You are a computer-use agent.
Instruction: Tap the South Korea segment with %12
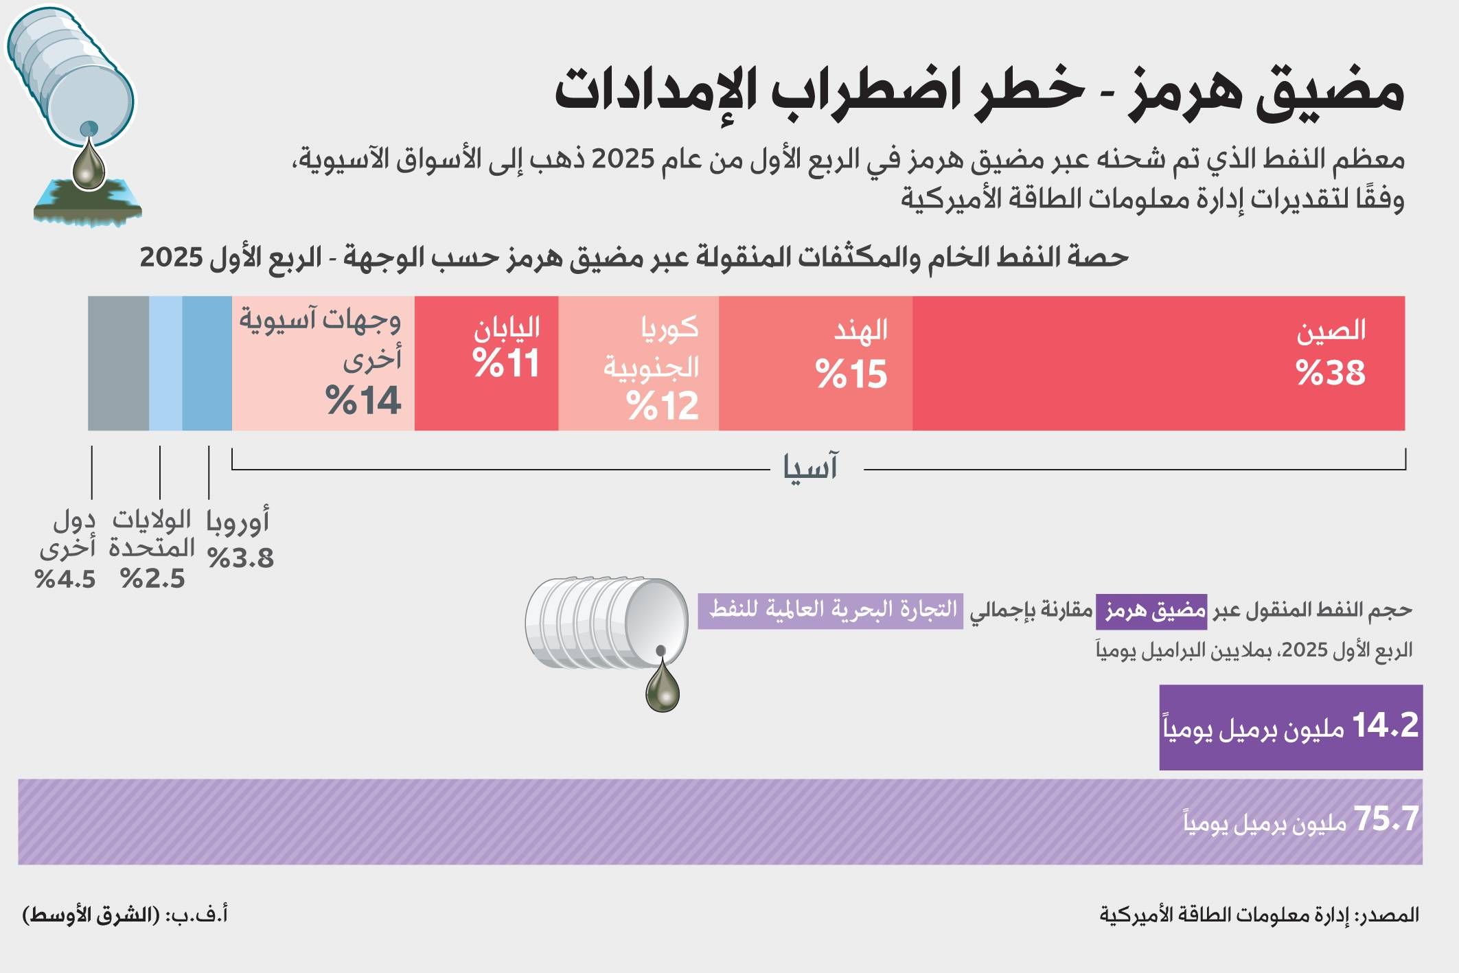pos(639,363)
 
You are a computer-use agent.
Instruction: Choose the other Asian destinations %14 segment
pos(323,363)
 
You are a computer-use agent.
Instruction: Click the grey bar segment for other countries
pos(118,363)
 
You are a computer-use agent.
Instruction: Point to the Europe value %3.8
pos(241,558)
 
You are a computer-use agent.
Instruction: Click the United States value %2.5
pos(152,579)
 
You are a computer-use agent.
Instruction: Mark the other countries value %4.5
pos(65,579)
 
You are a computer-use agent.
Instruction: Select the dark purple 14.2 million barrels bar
pos(1291,727)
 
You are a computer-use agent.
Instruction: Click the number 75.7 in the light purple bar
pos(1386,819)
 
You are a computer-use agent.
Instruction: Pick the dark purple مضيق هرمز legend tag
pos(1151,610)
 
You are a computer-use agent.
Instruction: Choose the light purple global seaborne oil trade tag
pos(831,610)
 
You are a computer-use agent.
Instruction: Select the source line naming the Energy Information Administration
pos(1259,915)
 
